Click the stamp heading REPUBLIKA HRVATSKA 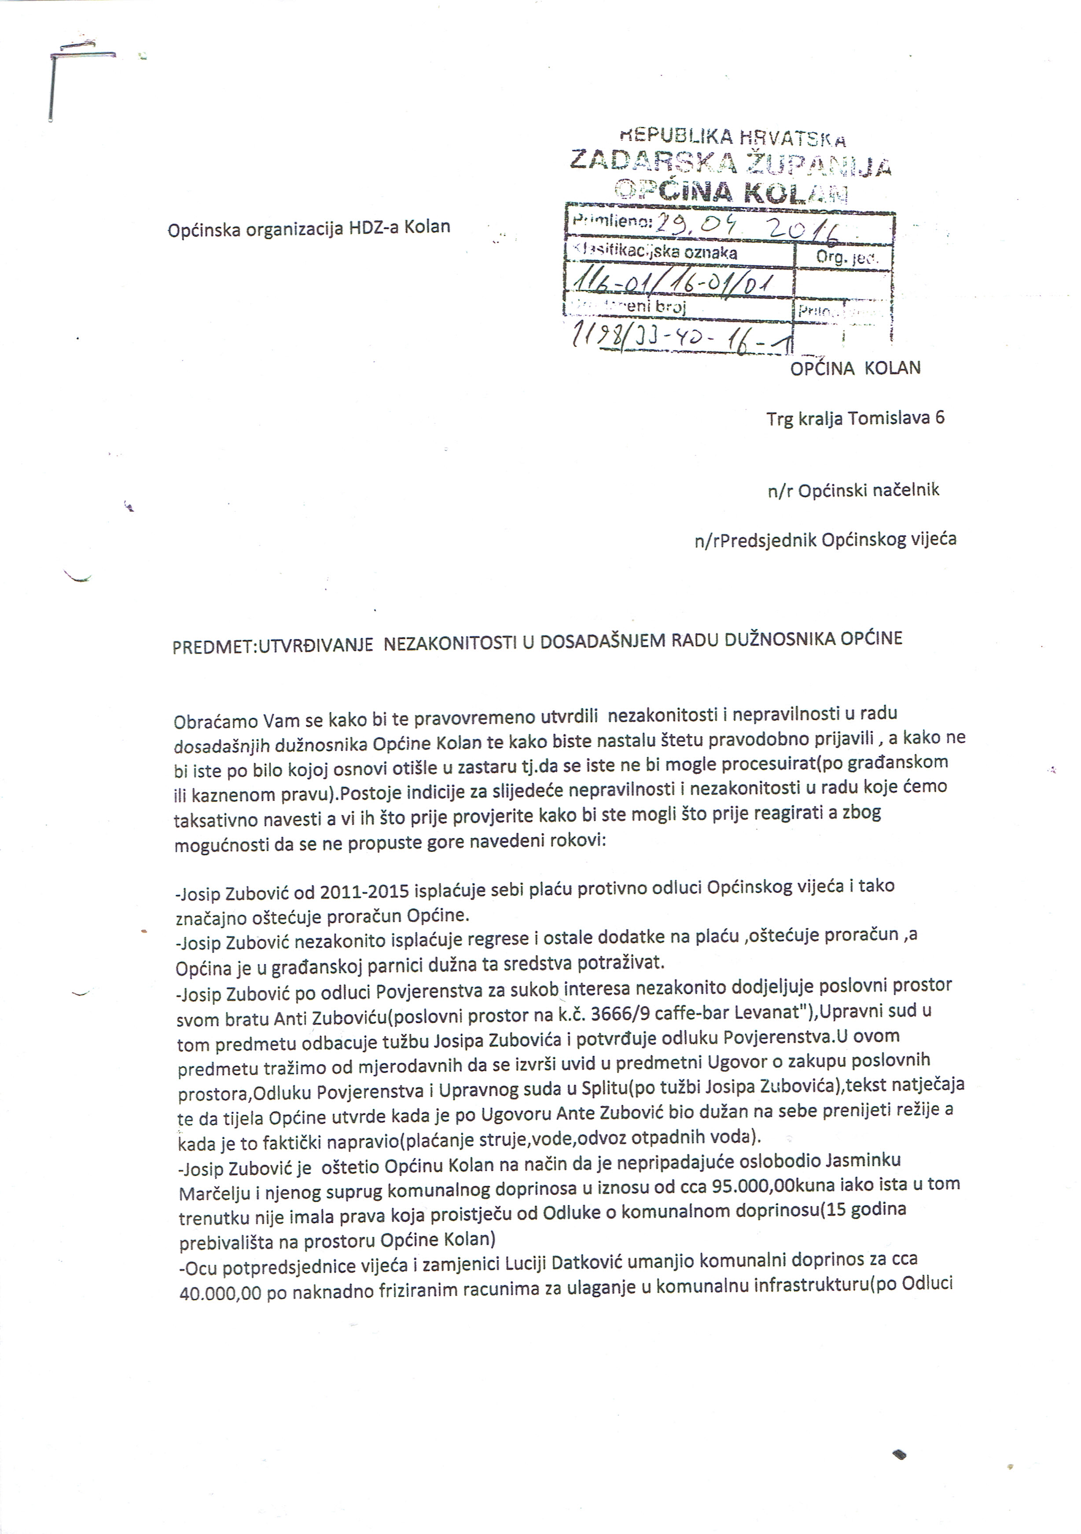coord(732,138)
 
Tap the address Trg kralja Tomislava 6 coord(855,418)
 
